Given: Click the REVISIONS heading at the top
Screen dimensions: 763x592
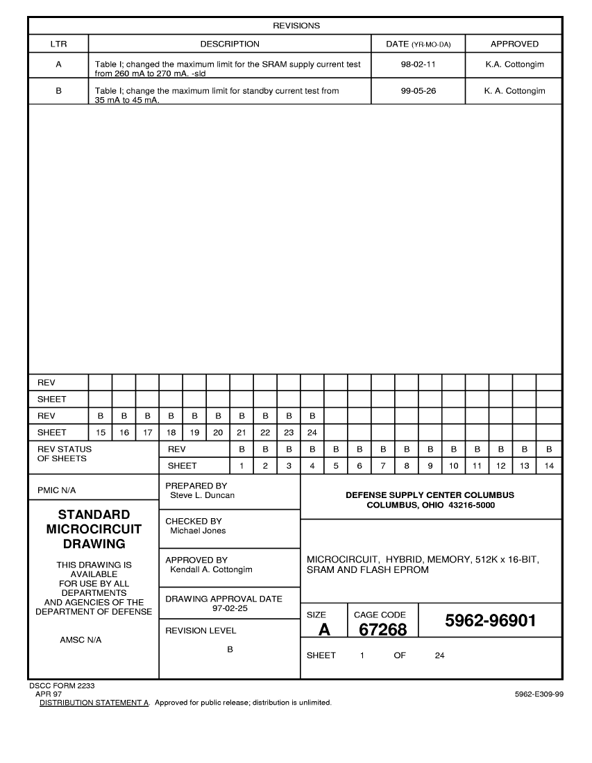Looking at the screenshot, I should tap(296, 26).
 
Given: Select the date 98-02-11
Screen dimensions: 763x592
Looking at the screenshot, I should tap(418, 64).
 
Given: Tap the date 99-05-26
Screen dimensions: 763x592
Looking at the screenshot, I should tap(418, 91).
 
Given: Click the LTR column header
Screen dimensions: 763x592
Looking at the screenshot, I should tap(58, 44).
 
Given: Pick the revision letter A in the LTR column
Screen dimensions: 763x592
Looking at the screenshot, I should tap(58, 64).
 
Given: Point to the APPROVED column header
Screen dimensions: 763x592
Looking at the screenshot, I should tap(514, 44).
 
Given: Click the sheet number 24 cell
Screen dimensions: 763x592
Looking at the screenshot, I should tap(312, 432).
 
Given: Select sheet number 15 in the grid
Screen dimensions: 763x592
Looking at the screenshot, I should tap(101, 432).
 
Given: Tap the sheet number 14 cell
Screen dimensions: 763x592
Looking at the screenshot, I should tap(549, 465).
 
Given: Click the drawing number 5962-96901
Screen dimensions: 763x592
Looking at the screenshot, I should tap(490, 620).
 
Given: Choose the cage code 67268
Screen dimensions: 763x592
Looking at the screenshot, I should tap(382, 629).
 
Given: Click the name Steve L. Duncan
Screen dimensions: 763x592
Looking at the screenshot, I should tap(202, 495).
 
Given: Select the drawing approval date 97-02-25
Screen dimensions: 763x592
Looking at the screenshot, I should tap(230, 608).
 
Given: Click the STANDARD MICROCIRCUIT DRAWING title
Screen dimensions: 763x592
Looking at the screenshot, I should tap(94, 529).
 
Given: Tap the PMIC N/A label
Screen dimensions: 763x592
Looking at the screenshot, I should tap(56, 490).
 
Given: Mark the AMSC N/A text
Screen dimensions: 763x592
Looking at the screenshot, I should tap(81, 640).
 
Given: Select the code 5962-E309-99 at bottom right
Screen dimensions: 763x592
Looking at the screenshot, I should tap(539, 694).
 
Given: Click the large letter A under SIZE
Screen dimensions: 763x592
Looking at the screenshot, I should tap(323, 630).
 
